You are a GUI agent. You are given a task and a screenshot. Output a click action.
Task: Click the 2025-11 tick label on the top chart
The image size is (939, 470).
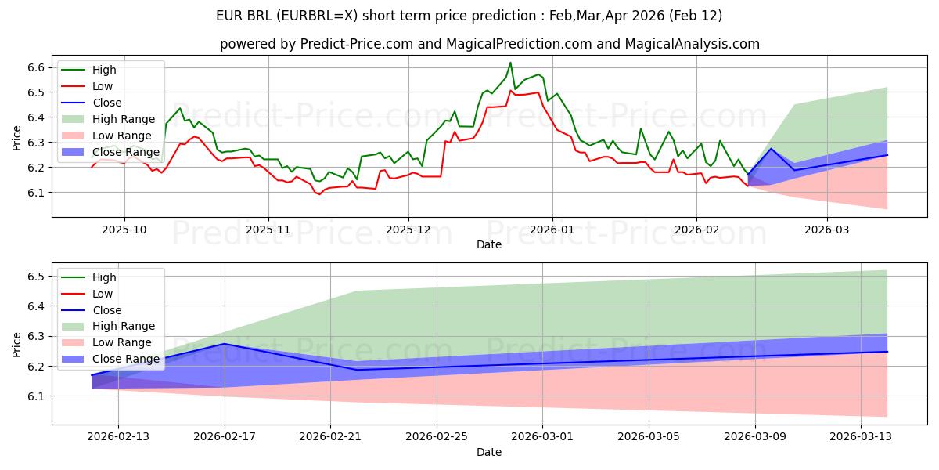[268, 230]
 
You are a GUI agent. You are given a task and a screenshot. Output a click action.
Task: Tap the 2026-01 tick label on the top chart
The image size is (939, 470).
[552, 230]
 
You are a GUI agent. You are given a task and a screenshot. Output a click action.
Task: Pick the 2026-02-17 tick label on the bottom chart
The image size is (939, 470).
[225, 437]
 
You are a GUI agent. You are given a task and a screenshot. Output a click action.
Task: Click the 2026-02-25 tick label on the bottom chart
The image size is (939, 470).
[437, 437]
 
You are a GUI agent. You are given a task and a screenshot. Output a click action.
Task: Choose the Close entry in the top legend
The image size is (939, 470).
[107, 103]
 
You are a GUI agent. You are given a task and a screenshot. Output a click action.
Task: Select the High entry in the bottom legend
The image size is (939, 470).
[104, 277]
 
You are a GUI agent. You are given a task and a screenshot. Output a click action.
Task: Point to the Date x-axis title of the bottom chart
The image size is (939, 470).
[489, 452]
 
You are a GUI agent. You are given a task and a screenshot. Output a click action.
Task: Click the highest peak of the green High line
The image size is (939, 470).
[510, 63]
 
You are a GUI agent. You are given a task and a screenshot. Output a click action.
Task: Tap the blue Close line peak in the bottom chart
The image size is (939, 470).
[225, 344]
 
